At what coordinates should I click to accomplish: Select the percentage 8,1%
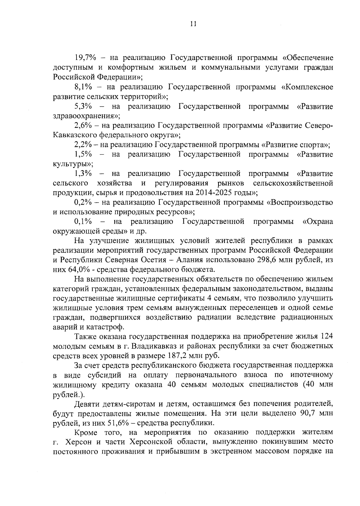click(x=83, y=87)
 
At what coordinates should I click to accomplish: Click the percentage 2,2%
click(x=83, y=145)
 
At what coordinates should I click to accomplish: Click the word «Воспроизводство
click(x=299, y=202)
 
